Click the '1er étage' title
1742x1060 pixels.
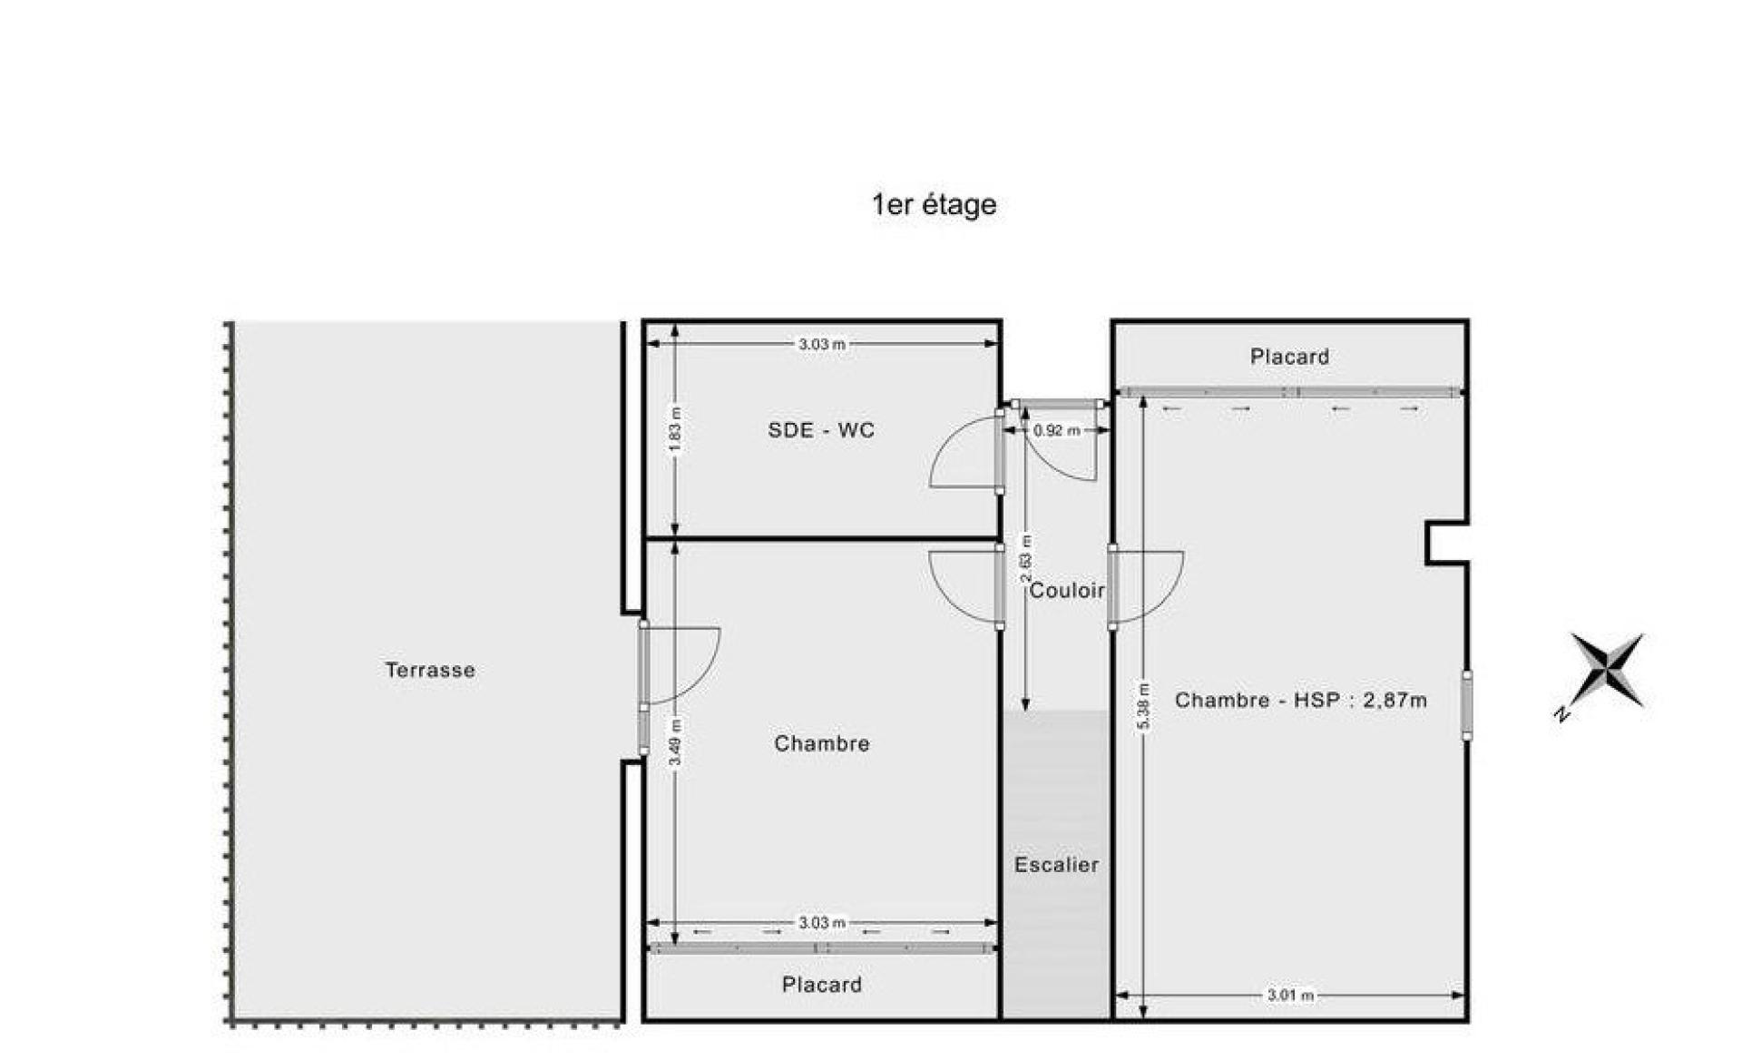pyautogui.click(x=934, y=205)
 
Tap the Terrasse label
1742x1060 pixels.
pyautogui.click(x=430, y=670)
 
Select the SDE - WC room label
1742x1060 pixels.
pyautogui.click(x=821, y=430)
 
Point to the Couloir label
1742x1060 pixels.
pyautogui.click(x=1067, y=591)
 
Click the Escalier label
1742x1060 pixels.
pyautogui.click(x=1056, y=865)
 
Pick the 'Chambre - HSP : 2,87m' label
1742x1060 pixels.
pyautogui.click(x=1301, y=700)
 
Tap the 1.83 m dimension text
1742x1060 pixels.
pyautogui.click(x=675, y=431)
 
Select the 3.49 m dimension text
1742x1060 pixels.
pyautogui.click(x=675, y=741)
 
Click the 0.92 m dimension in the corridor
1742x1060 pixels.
pyautogui.click(x=1057, y=430)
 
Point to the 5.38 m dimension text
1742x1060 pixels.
pyautogui.click(x=1143, y=706)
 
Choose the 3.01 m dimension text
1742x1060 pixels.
pyautogui.click(x=1290, y=996)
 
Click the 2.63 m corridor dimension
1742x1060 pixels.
pyautogui.click(x=1026, y=559)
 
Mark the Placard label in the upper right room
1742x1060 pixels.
pyautogui.click(x=1289, y=357)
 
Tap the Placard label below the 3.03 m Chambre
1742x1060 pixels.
pyautogui.click(x=821, y=985)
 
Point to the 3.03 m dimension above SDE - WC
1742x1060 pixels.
pyautogui.click(x=821, y=344)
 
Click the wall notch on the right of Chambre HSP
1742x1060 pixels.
pyautogui.click(x=1446, y=544)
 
